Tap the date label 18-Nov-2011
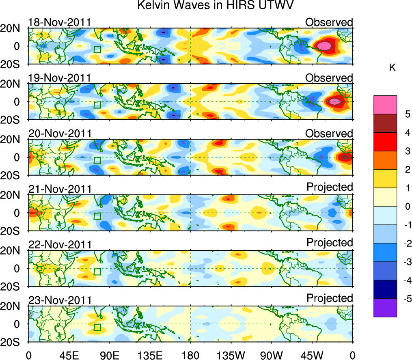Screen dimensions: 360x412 [x=59, y=22]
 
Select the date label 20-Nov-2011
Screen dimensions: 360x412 [x=59, y=134]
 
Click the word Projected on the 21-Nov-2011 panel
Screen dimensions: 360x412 [x=330, y=187]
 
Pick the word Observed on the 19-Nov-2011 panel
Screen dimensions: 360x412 [x=329, y=78]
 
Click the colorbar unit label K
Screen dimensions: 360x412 [x=392, y=67]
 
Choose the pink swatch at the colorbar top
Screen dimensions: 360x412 [x=385, y=105]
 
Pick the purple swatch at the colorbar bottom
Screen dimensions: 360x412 [x=385, y=308]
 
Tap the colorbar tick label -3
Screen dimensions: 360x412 [x=406, y=262]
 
